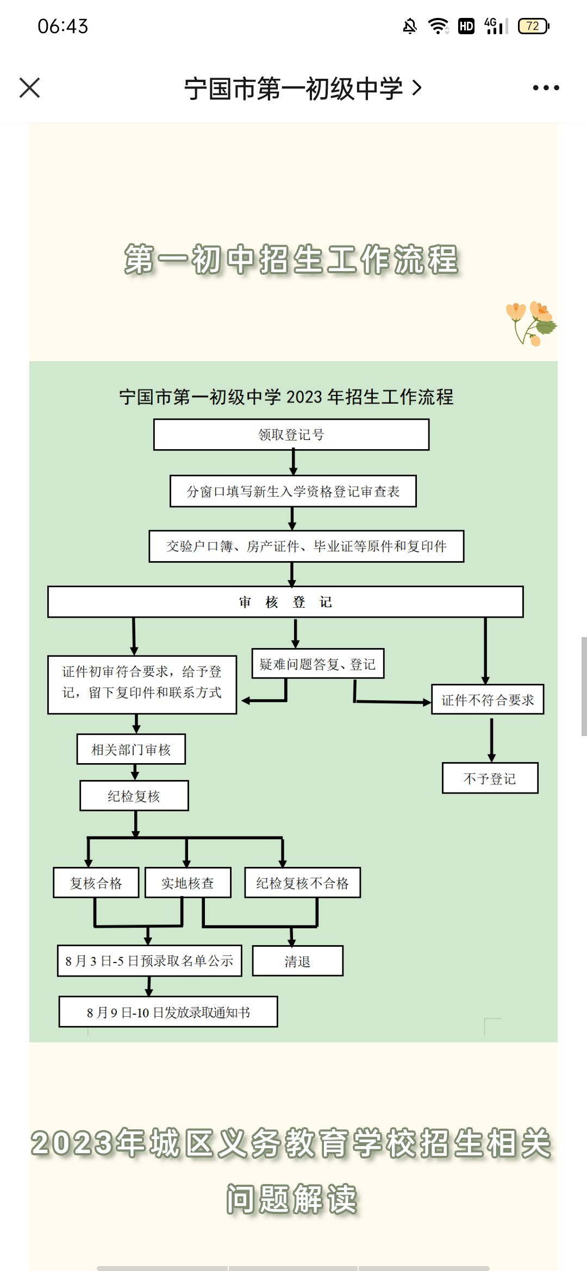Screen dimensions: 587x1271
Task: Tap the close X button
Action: pos(29,87)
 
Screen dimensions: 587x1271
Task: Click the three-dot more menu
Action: pos(546,87)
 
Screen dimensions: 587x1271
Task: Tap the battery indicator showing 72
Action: pos(534,26)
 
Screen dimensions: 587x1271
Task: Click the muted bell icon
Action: pos(410,26)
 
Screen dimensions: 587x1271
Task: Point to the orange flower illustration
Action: pos(531,323)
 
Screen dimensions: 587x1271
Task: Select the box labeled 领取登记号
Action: pos(291,435)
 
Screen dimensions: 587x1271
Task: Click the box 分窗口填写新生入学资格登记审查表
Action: pos(293,491)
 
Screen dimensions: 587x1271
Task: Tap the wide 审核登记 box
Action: pos(285,602)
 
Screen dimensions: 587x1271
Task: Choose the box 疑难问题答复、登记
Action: pos(318,664)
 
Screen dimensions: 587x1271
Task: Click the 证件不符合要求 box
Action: pos(488,700)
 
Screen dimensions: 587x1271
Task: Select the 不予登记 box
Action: pos(490,778)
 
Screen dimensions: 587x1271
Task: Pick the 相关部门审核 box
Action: pos(131,750)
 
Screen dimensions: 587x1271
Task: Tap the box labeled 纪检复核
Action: pos(134,796)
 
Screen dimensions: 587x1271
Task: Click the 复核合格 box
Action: pos(96,883)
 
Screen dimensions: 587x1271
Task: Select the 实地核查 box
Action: pos(188,883)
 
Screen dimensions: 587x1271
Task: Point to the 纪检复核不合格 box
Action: pos(302,883)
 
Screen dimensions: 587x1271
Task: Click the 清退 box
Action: pos(297,961)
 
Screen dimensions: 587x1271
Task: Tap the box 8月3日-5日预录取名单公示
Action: pos(149,961)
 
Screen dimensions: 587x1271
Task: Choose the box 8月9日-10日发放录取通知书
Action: pos(168,1012)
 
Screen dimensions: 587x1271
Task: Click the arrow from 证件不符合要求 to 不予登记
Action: pos(491,740)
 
